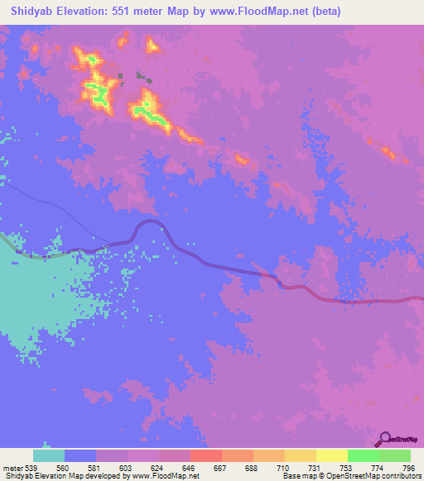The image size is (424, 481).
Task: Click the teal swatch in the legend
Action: point(49,455)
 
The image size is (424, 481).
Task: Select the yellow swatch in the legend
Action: point(332,455)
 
